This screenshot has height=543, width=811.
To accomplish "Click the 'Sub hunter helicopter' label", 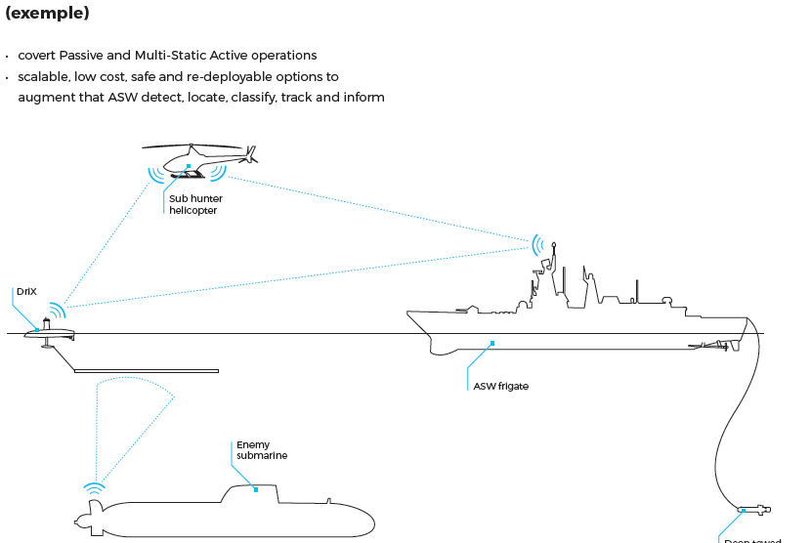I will pos(195,204).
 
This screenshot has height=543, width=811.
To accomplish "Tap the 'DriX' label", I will pos(26,292).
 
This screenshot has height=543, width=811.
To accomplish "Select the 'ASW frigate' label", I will pos(500,386).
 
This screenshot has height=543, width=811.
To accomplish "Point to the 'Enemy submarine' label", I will pos(262,450).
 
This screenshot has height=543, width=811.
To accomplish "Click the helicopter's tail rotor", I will pos(252,153).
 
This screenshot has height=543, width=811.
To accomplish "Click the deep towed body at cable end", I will pos(753,509).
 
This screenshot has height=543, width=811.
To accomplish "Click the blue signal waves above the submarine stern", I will pos(94,486).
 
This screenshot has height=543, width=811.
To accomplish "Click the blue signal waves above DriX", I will pos(58,311).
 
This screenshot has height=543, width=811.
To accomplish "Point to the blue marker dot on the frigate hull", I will pos(493,343).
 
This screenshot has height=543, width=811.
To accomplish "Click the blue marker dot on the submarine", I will pos(256,489).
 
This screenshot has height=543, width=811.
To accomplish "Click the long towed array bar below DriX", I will pos(147,371).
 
